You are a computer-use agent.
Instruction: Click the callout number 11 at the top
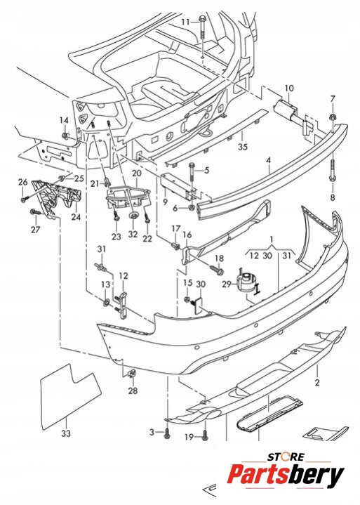tap(186, 22)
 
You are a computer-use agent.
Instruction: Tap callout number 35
tap(243, 147)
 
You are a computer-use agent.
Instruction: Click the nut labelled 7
tap(333, 117)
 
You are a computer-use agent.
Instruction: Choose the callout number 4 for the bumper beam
tap(268, 160)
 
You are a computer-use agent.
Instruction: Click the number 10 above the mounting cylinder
tap(289, 88)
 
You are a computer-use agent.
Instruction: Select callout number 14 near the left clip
tap(64, 120)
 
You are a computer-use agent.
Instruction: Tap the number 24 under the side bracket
tap(76, 217)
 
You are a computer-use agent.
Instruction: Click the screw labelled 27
tap(35, 212)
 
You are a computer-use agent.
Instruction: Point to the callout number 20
tap(136, 173)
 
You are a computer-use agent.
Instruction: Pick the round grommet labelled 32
tap(133, 216)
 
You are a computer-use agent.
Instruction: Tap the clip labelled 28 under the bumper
tap(132, 374)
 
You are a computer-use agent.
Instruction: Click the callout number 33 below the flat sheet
tap(66, 433)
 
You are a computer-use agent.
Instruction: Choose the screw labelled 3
tap(167, 433)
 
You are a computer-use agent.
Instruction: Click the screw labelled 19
tap(205, 435)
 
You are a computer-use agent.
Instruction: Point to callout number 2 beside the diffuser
tap(317, 382)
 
